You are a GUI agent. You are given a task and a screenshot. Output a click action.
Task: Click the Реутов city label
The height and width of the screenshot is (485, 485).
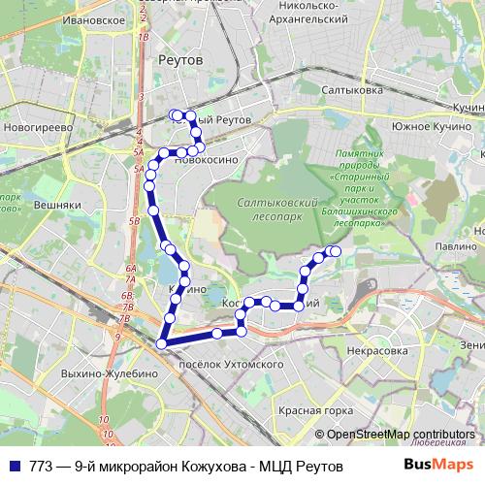point(179,60)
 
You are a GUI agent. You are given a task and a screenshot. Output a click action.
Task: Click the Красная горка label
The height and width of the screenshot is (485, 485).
point(307,411)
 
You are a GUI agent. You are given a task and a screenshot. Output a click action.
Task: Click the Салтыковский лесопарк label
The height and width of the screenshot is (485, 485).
point(277,205)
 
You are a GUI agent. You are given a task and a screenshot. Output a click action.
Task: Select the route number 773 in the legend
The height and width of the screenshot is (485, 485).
point(42,466)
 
